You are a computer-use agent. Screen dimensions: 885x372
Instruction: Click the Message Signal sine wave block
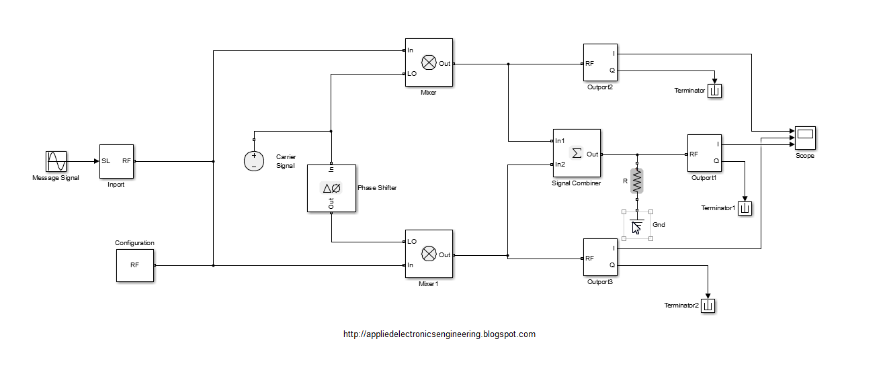(56, 162)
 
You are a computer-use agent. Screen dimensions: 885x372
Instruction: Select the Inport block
(116, 162)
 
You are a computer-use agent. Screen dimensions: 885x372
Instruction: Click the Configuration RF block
(134, 265)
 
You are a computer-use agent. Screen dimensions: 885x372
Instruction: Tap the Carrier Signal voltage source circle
(253, 161)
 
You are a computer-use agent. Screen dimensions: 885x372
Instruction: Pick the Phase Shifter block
(331, 189)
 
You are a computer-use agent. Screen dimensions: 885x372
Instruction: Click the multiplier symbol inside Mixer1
(429, 254)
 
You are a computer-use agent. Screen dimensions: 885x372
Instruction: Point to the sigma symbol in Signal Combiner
(577, 153)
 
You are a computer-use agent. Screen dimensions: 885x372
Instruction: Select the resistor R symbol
(637, 181)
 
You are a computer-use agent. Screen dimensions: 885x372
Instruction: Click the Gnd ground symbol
(637, 226)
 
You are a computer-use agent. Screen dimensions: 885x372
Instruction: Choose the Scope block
(805, 138)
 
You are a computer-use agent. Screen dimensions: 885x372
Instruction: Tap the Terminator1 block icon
(745, 208)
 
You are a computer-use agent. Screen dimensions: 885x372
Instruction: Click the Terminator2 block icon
(708, 306)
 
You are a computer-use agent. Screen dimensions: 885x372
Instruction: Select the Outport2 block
(600, 62)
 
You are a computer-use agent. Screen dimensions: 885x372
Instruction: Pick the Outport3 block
(600, 257)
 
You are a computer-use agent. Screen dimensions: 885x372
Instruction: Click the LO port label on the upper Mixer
(412, 73)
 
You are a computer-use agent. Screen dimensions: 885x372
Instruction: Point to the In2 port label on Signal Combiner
(560, 165)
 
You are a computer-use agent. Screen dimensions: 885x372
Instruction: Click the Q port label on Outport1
(716, 160)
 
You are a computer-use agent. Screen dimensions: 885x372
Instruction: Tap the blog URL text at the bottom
(439, 334)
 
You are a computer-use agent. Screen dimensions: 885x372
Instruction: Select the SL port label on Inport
(106, 160)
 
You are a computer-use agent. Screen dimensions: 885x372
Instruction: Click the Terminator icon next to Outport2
(715, 91)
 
